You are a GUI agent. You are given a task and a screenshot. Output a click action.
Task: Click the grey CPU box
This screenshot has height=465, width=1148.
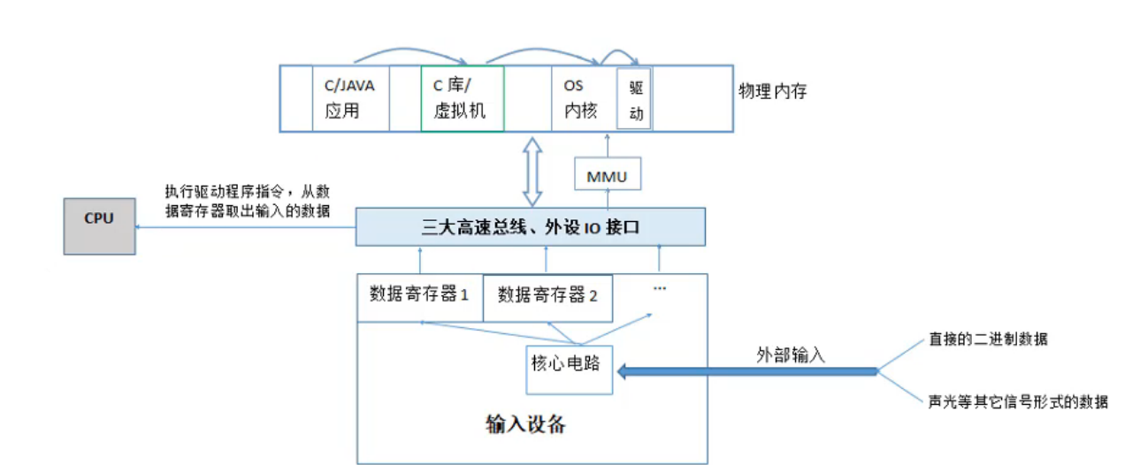pyautogui.click(x=99, y=226)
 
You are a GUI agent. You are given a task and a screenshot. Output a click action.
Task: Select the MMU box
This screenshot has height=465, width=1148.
pyautogui.click(x=607, y=175)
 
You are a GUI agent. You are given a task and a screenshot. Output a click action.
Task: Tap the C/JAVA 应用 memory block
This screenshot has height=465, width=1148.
pyautogui.click(x=350, y=99)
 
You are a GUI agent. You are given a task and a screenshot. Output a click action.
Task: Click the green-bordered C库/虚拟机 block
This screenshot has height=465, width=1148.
pyautogui.click(x=462, y=99)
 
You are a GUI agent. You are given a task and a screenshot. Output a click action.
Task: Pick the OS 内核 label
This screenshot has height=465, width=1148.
pyautogui.click(x=579, y=99)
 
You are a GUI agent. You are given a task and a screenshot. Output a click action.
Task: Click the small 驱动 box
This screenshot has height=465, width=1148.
pyautogui.click(x=633, y=99)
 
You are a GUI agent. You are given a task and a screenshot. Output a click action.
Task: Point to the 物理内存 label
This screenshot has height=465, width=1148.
pyautogui.click(x=772, y=92)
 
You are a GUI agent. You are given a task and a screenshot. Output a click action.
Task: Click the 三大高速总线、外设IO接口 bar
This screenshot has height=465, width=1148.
pyautogui.click(x=530, y=227)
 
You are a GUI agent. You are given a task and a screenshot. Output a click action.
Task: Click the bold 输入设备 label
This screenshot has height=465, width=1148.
pyautogui.click(x=525, y=424)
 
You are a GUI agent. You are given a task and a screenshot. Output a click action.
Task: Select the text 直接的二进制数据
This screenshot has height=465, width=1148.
pyautogui.click(x=987, y=339)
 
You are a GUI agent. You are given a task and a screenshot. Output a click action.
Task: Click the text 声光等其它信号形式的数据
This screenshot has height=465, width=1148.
pyautogui.click(x=1017, y=401)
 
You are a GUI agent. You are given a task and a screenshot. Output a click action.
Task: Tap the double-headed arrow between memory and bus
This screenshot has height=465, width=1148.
pyautogui.click(x=533, y=171)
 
